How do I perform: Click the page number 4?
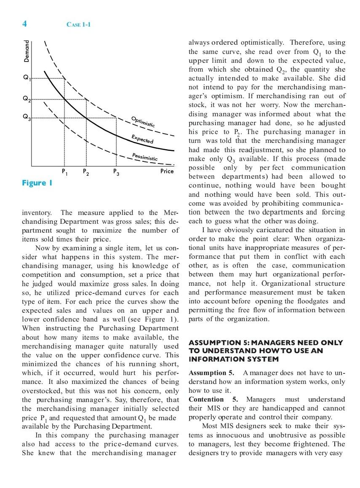[24, 24]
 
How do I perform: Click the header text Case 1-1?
[78, 24]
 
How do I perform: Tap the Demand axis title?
[27, 51]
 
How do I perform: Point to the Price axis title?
[167, 171]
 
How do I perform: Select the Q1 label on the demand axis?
[27, 78]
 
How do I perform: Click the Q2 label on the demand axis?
[27, 99]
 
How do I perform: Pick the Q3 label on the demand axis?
[27, 118]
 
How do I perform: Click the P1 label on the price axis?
[64, 172]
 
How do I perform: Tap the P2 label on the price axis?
[86, 172]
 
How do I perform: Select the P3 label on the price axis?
[116, 172]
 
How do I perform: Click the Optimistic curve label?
[143, 121]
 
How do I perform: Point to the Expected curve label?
[142, 139]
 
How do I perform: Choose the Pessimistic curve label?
[145, 157]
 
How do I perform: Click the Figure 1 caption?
[37, 183]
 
